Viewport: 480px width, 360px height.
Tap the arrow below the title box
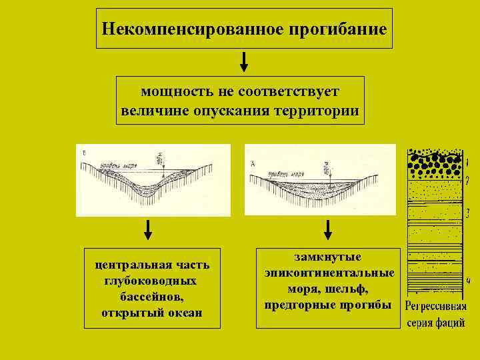pyautogui.click(x=245, y=62)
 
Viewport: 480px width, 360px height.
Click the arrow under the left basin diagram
pyautogui.click(x=148, y=230)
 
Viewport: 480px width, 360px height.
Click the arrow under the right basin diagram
pyautogui.click(x=327, y=230)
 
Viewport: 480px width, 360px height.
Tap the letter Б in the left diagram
pyautogui.click(x=83, y=153)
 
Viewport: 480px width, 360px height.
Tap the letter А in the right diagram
pyautogui.click(x=253, y=163)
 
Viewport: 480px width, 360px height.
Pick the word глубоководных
pyautogui.click(x=150, y=281)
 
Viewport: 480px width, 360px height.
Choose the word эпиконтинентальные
pyautogui.click(x=329, y=273)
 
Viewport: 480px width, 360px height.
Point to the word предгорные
pyautogui.click(x=297, y=305)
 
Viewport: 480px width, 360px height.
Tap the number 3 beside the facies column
pyautogui.click(x=467, y=213)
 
